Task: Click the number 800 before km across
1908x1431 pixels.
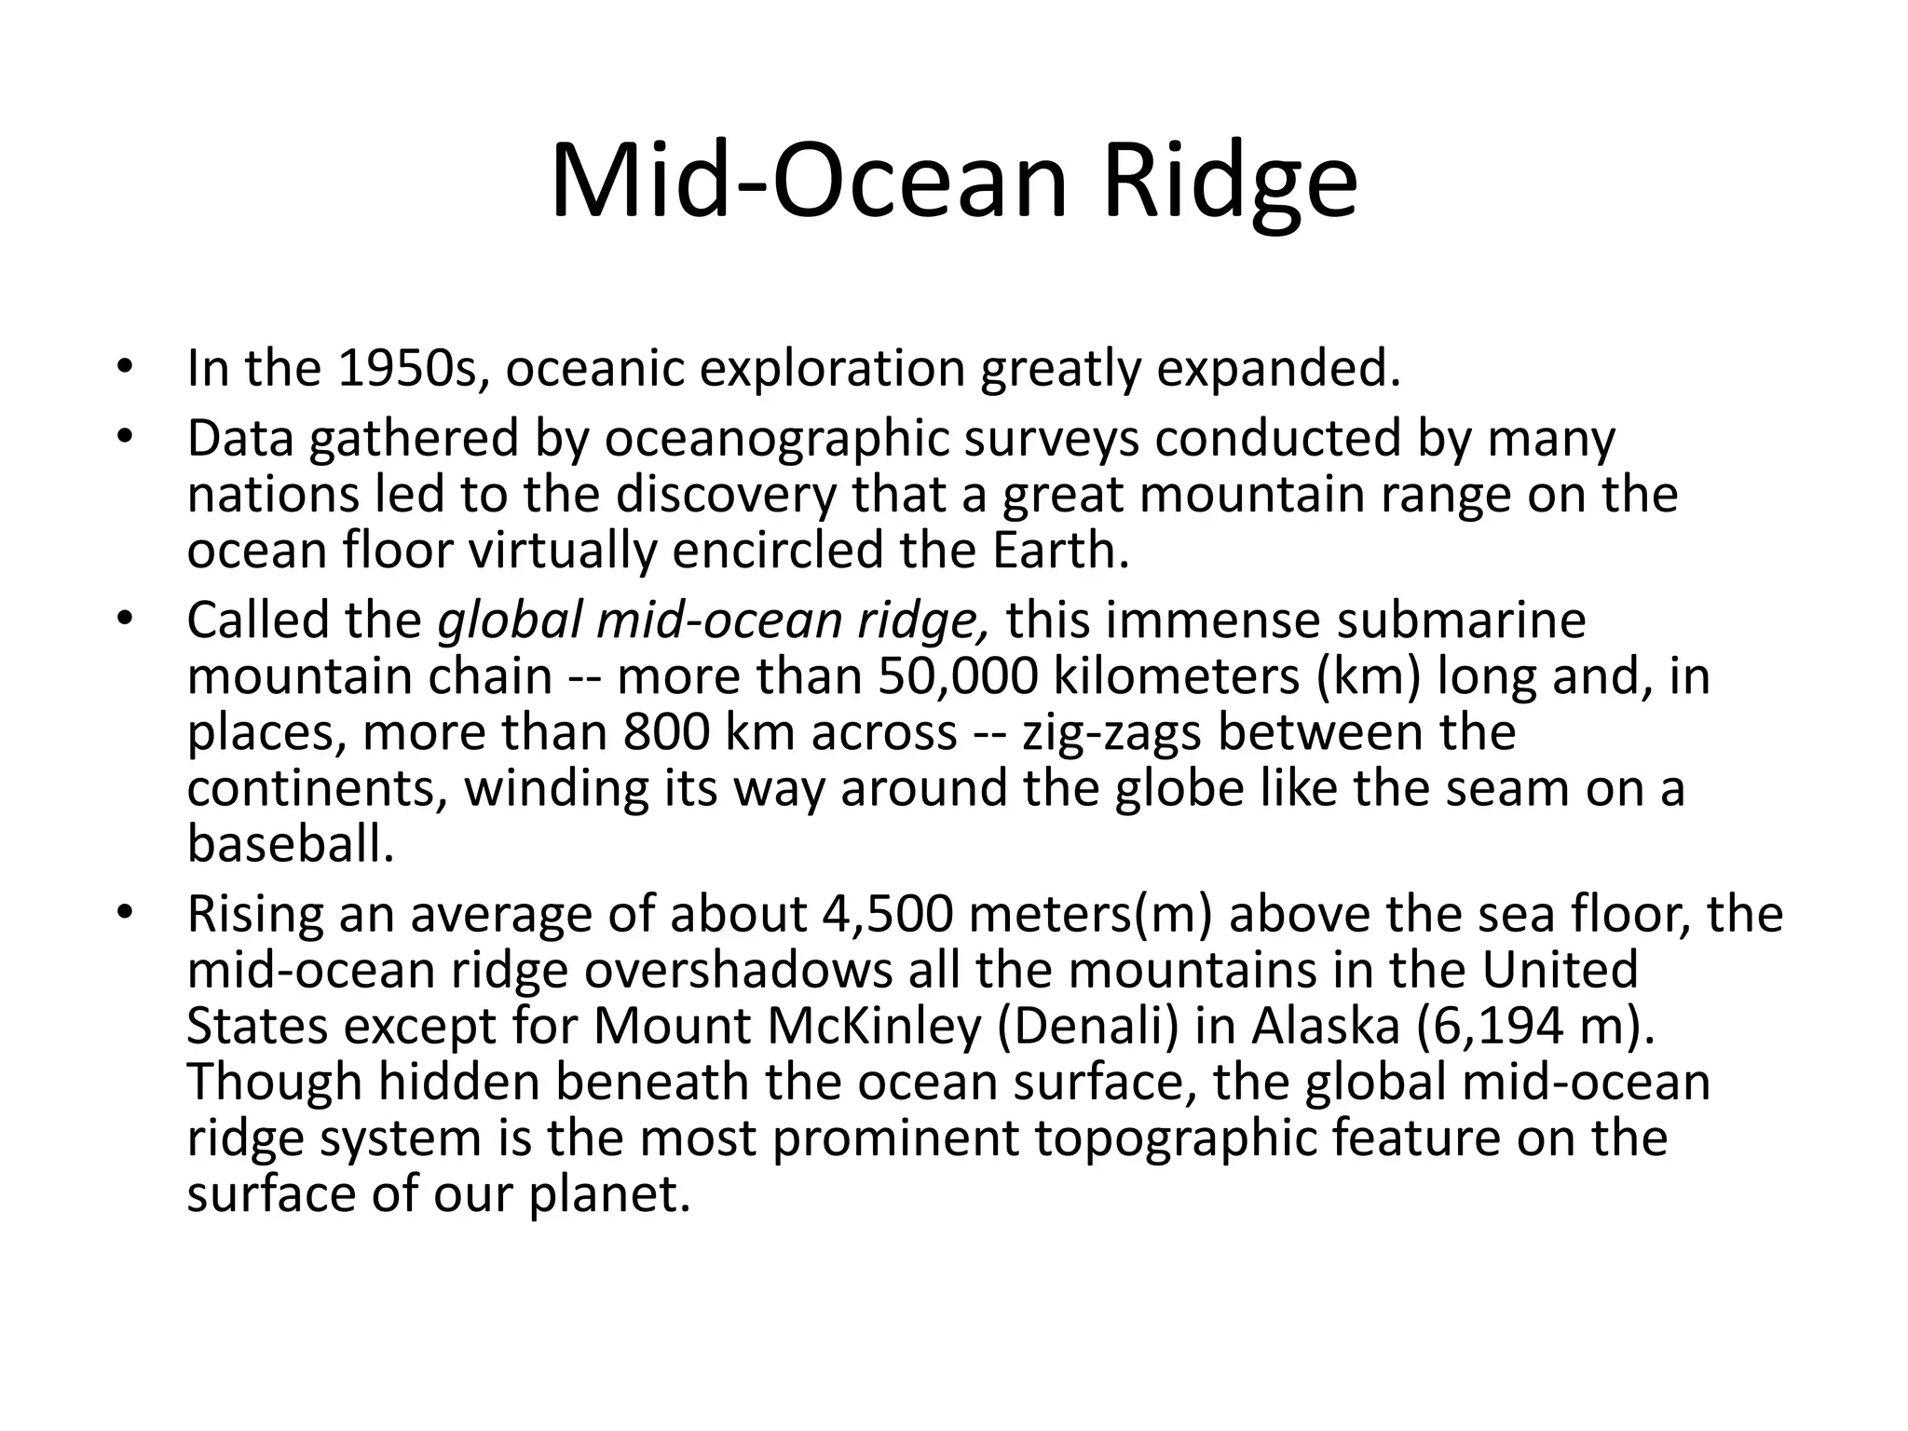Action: (665, 732)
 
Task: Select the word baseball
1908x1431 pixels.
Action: (291, 844)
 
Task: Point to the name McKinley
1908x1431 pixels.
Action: (874, 1026)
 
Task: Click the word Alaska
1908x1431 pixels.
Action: (1325, 1026)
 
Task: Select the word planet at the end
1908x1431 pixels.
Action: (608, 1193)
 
